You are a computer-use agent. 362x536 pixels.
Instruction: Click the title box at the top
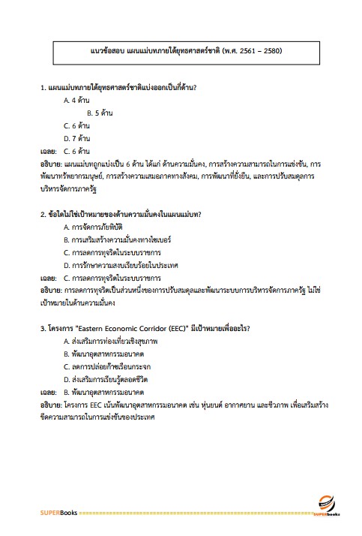pos(181,52)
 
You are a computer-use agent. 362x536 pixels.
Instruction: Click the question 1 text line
pos(118,87)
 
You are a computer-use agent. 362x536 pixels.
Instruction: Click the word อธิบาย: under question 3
pos(51,405)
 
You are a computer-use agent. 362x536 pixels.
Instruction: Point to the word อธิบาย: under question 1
pos(51,164)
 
